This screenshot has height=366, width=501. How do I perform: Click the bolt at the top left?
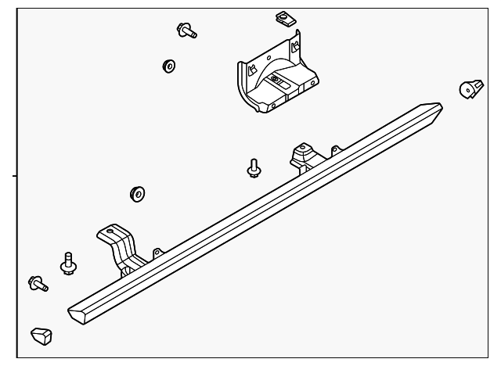point(187,30)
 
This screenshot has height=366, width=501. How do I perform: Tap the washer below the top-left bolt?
point(168,66)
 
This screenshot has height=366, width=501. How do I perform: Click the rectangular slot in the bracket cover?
point(278,79)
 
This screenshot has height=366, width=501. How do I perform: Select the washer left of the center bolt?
point(137,192)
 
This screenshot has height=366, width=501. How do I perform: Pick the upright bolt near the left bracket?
point(67,264)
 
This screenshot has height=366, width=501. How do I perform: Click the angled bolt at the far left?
point(37,284)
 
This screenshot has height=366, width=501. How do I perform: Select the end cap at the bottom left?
point(41,336)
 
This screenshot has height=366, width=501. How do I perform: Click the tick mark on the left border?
point(15,178)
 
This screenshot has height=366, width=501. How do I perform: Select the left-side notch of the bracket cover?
point(250,69)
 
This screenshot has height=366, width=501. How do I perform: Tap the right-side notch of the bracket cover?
point(296,47)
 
